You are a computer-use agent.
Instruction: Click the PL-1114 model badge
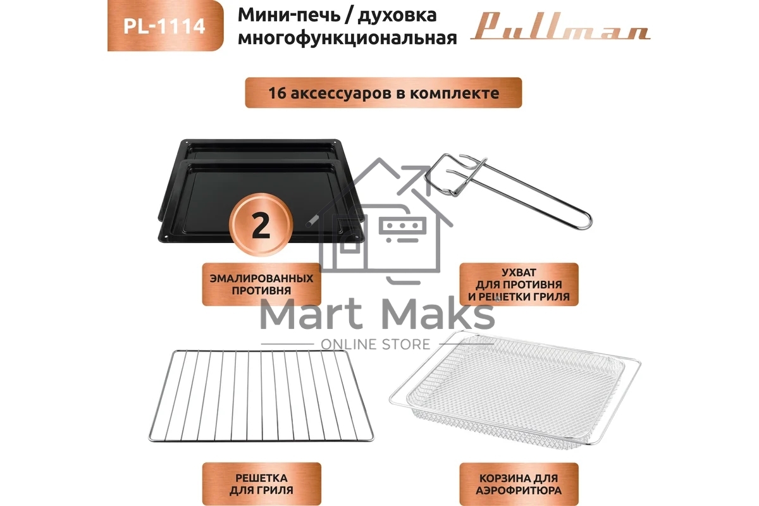pyautogui.click(x=164, y=27)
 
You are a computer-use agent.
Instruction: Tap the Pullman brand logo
pyautogui.click(x=560, y=29)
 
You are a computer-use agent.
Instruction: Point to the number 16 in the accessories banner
pyautogui.click(x=276, y=93)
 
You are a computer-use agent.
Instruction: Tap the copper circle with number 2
pyautogui.click(x=261, y=226)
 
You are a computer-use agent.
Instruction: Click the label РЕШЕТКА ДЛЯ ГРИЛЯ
pyautogui.click(x=261, y=484)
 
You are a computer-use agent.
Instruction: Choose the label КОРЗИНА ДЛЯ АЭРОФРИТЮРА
pyautogui.click(x=519, y=484)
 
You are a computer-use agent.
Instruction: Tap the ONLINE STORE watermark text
pyautogui.click(x=376, y=344)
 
